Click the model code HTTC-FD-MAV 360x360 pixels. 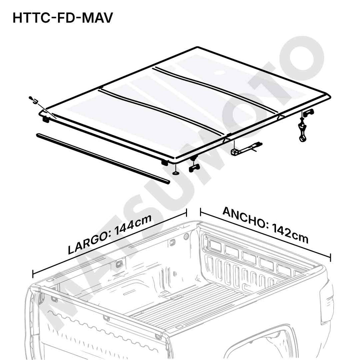click(x=63, y=18)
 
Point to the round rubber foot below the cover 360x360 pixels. click(x=175, y=173)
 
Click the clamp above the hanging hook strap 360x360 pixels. click(x=308, y=112)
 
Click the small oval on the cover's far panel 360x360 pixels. click(x=221, y=73)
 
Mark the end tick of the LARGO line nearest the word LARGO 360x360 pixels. click(x=33, y=274)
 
